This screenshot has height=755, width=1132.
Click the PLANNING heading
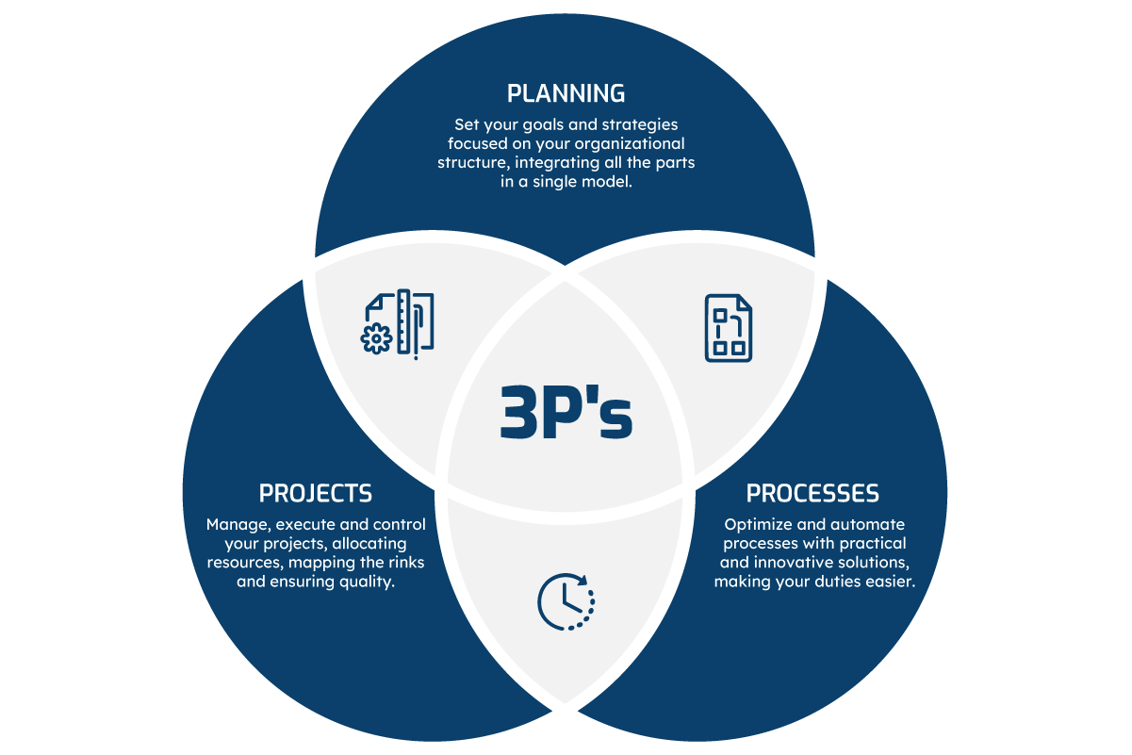[x=566, y=93]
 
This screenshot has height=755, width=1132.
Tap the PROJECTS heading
[x=315, y=493]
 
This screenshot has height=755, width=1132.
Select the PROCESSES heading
[x=812, y=493]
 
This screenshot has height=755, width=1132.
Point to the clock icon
[x=566, y=600]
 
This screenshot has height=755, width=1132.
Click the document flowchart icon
[x=729, y=328]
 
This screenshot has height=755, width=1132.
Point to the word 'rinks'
[x=402, y=564]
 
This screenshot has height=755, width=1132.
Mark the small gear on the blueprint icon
[x=377, y=337]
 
